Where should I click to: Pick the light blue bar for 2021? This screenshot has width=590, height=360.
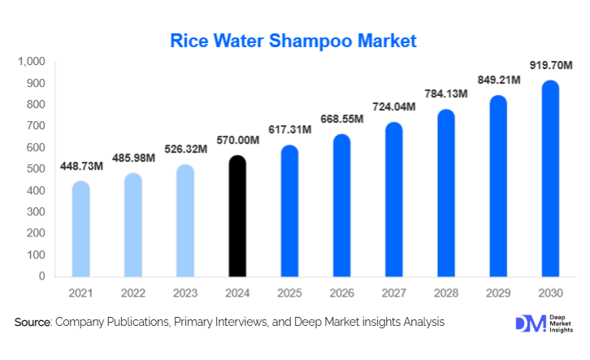click(x=81, y=229)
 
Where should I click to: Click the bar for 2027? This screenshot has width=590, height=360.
click(x=393, y=200)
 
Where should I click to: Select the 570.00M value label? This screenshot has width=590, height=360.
click(x=236, y=140)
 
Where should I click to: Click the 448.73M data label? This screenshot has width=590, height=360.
click(x=81, y=167)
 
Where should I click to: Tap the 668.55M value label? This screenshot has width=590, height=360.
click(x=341, y=119)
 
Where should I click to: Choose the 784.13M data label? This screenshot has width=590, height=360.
click(x=445, y=93)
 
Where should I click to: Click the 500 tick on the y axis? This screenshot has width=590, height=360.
click(x=36, y=169)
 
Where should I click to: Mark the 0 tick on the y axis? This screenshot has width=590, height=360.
click(x=42, y=276)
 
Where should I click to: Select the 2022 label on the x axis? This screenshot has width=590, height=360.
click(x=133, y=292)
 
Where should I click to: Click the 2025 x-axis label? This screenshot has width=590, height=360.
click(x=289, y=292)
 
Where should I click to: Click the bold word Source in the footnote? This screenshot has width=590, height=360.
click(x=33, y=323)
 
